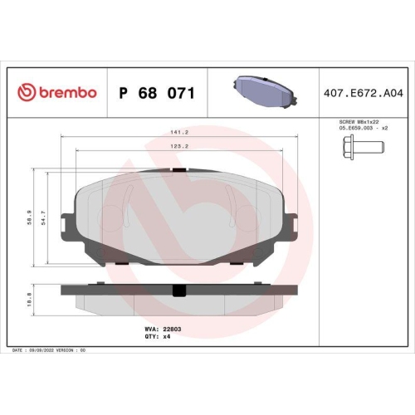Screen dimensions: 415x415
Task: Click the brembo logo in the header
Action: [x=57, y=92]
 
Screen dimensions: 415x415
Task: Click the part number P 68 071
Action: [x=157, y=92]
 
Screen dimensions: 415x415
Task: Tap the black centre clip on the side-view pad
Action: [x=176, y=290]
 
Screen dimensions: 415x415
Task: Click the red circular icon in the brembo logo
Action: [x=25, y=92]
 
